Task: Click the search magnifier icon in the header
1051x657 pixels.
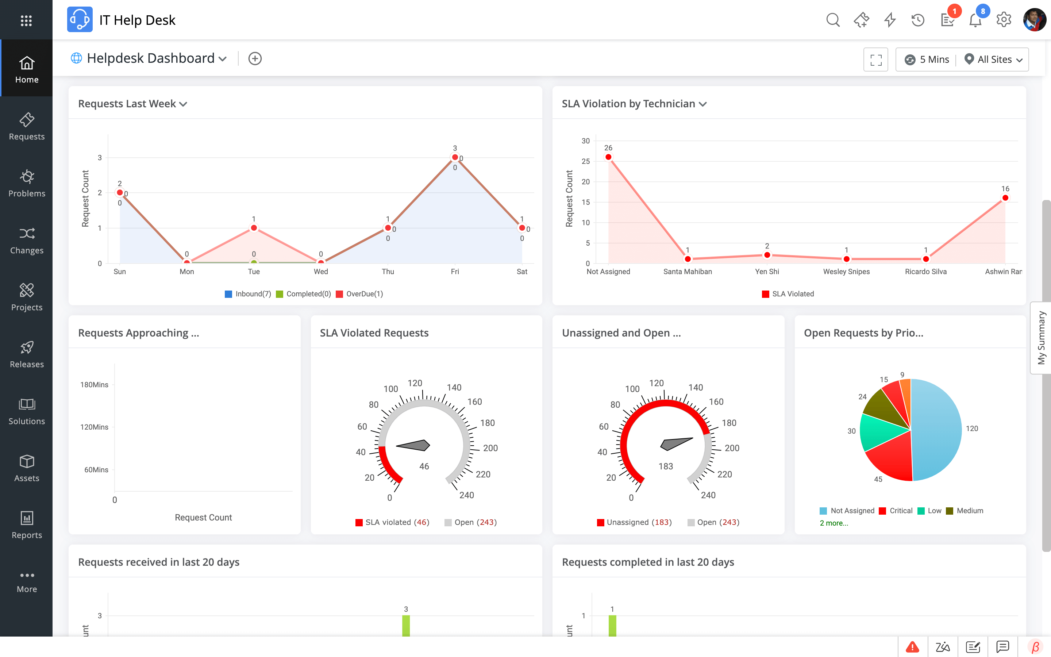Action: point(832,20)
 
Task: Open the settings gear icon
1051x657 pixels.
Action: point(1004,20)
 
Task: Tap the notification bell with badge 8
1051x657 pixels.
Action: point(975,20)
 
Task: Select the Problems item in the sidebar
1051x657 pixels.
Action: point(27,183)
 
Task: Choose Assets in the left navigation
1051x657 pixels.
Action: point(27,468)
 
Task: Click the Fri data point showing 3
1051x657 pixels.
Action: point(455,157)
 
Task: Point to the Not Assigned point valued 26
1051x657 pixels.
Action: point(608,157)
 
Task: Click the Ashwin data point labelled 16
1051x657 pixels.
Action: point(1005,198)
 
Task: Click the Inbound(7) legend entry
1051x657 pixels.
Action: point(248,294)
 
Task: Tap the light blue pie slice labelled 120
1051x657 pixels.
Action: point(938,430)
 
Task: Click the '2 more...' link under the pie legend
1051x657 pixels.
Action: point(834,523)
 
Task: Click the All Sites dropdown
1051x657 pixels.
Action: point(994,59)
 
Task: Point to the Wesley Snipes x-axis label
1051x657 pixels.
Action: point(846,272)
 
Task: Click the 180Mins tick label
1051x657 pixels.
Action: point(94,385)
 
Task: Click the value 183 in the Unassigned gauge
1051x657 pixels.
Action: point(665,466)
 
